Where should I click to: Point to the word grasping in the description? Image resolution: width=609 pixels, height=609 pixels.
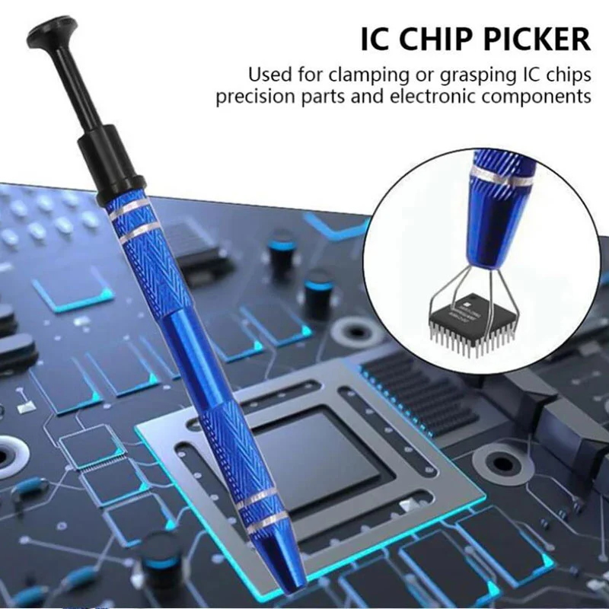[451, 75]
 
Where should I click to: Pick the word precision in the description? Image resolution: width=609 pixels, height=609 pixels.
[250, 97]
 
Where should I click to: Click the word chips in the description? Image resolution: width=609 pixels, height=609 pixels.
[568, 75]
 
